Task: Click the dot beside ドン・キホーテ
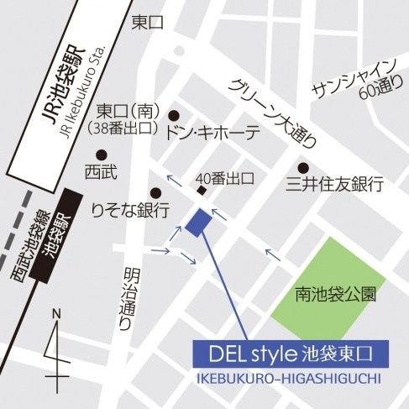pyautogui.click(x=175, y=116)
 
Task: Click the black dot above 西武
pyautogui.click(x=101, y=154)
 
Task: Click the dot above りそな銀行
pyautogui.click(x=155, y=191)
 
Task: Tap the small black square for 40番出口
pyautogui.click(x=202, y=191)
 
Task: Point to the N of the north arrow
pyautogui.click(x=57, y=314)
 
